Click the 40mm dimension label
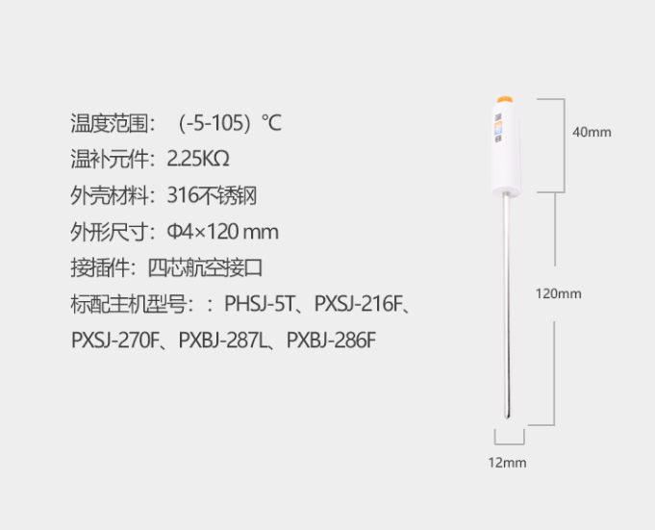592,132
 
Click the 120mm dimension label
558,293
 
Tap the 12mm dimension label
507,463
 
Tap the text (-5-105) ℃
230,123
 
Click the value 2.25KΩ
198,159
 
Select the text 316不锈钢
212,195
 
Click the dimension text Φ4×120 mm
222,232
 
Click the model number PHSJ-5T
258,305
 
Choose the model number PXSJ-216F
357,305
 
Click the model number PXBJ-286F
332,341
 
